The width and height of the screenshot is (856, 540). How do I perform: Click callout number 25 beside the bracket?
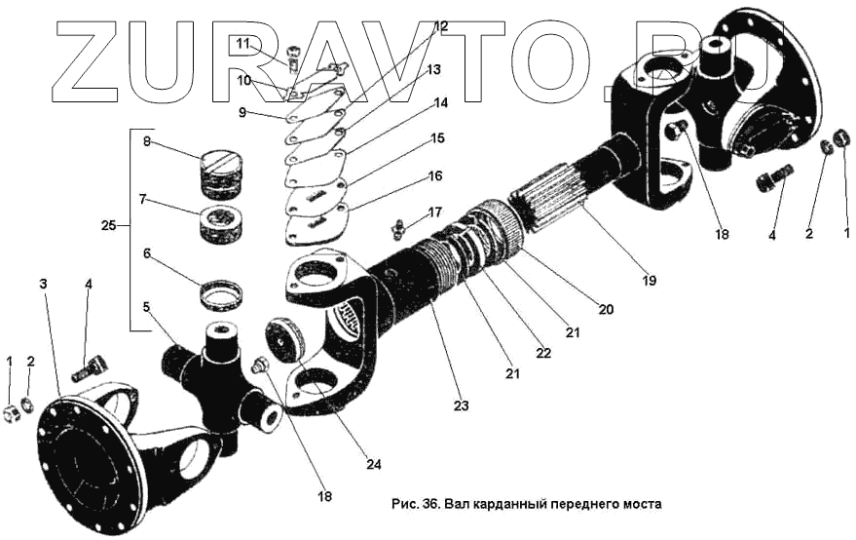tap(108, 226)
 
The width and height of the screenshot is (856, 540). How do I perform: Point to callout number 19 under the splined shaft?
tap(649, 280)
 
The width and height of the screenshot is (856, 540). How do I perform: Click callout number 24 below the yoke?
tap(374, 464)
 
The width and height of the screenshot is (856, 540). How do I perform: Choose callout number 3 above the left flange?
tap(43, 283)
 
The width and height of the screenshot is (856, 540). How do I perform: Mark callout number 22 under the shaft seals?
tap(544, 353)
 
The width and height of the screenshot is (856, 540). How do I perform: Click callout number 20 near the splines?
tap(606, 310)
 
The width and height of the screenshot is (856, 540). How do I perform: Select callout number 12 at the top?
tap(440, 26)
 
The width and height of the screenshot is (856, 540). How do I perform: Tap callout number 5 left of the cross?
tap(146, 307)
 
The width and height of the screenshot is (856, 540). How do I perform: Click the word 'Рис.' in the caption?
tap(403, 505)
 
